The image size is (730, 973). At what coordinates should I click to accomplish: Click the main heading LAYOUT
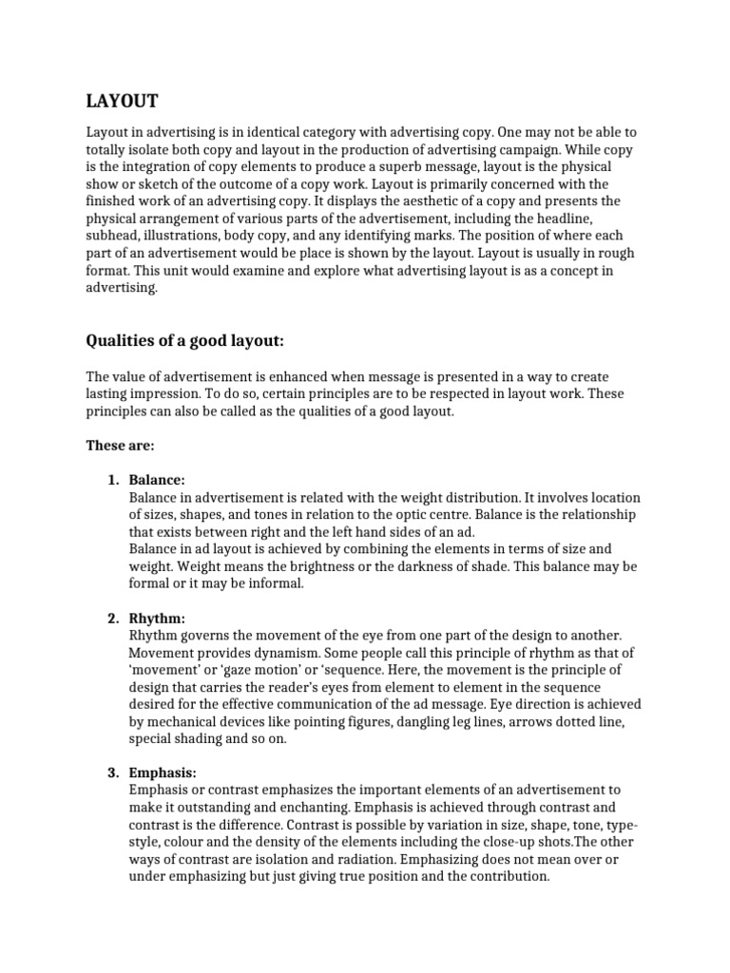point(123,101)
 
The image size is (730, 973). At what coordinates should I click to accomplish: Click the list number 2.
point(112,618)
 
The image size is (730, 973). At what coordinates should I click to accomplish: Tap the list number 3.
point(112,773)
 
